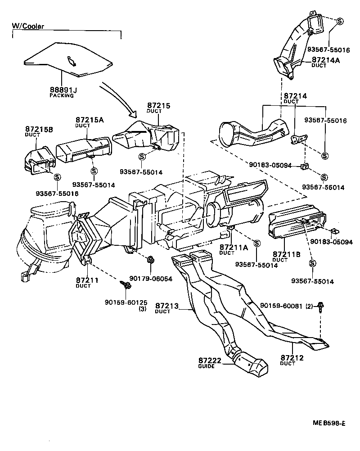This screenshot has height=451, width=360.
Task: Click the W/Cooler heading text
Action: [28, 26]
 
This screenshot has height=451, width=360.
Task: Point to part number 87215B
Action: [39, 129]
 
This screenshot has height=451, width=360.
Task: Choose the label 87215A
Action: [90, 120]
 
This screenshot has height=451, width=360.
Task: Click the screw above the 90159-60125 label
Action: [126, 285]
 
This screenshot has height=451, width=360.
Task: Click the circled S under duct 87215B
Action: [57, 177]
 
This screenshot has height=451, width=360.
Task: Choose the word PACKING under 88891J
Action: [61, 95]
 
